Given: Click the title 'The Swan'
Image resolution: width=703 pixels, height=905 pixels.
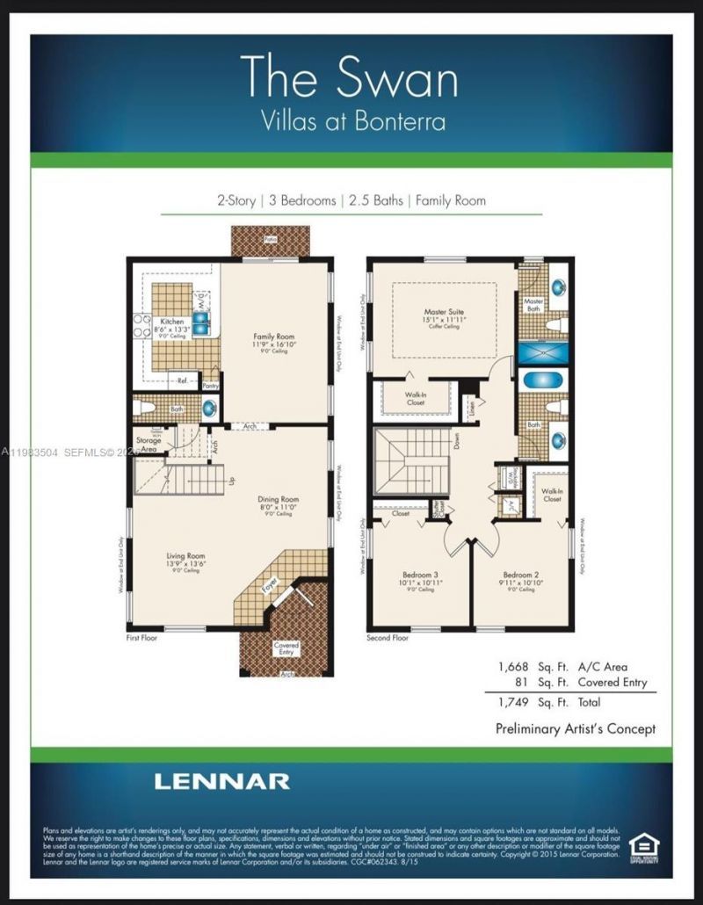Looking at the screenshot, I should (350, 77).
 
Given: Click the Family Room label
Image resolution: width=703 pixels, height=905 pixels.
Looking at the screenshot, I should (272, 337).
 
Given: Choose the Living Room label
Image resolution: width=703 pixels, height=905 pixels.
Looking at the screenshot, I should (185, 556).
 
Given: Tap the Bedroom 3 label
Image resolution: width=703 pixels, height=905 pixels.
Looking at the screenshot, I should (413, 575).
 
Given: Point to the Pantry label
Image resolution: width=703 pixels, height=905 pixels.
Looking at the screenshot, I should (210, 385).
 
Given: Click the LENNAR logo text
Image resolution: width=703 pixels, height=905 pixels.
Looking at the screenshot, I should (221, 781).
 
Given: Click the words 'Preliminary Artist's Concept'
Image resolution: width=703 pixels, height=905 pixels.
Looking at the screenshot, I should (576, 728).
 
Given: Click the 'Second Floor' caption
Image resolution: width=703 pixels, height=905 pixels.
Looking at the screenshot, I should (388, 638).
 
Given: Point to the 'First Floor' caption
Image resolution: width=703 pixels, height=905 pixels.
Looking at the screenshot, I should (141, 638).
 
